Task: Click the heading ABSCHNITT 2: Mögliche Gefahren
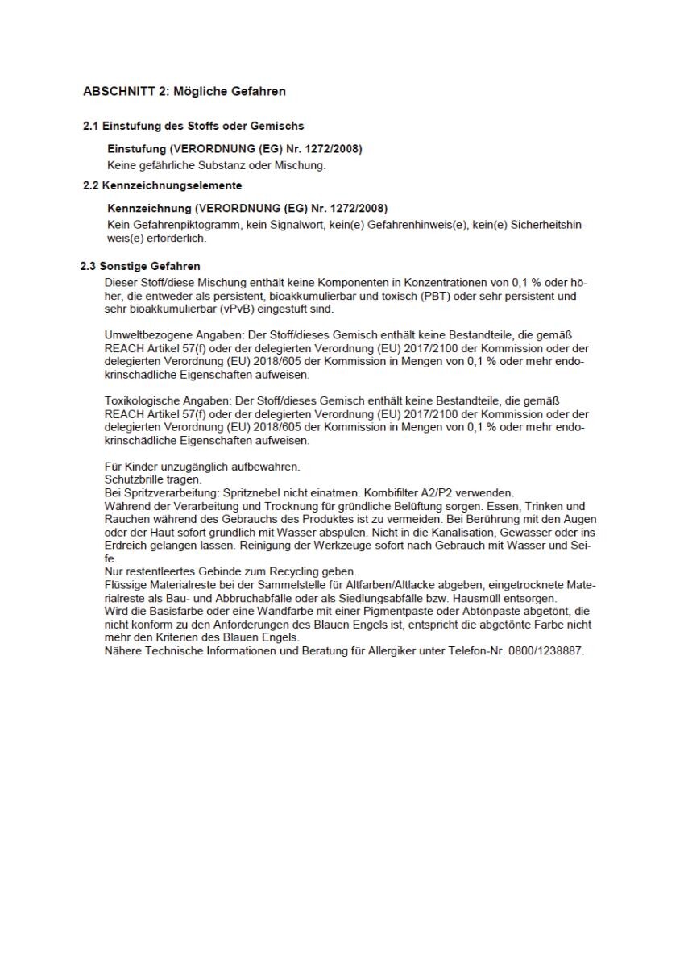point(184,92)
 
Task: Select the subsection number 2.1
point(91,126)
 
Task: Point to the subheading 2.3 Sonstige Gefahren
point(141,266)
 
